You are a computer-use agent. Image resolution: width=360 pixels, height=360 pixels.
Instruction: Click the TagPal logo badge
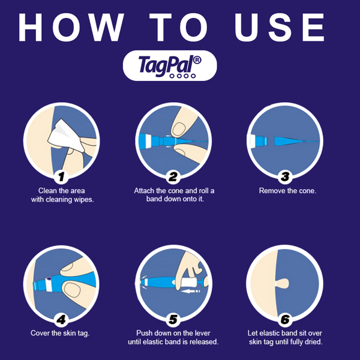point(170,65)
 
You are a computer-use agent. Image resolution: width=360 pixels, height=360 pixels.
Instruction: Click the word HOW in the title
point(72,27)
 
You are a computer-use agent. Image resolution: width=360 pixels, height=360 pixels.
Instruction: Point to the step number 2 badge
point(173,176)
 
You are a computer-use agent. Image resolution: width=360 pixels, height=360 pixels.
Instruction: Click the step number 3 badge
point(284,176)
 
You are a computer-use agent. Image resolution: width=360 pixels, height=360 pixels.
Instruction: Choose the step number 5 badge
point(173,319)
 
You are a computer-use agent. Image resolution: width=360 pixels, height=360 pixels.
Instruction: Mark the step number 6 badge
point(284,319)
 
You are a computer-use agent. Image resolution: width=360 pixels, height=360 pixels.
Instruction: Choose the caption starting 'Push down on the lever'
point(173,337)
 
